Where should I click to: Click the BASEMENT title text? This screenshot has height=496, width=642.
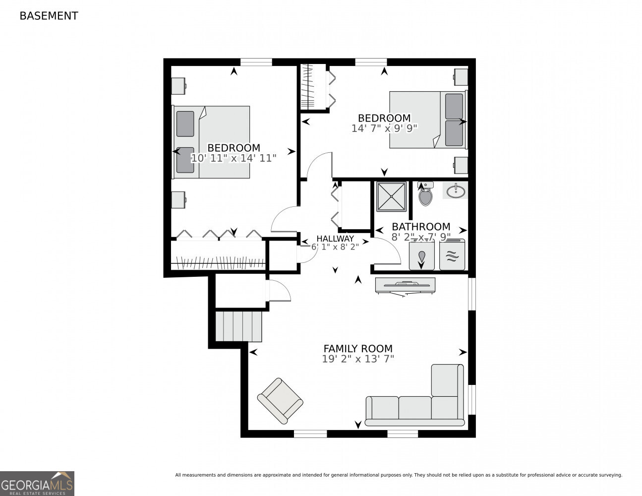(49, 16)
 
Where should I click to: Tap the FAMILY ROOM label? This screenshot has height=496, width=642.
(358, 349)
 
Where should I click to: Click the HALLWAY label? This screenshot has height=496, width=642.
(335, 239)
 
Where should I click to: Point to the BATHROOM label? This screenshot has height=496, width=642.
(421, 227)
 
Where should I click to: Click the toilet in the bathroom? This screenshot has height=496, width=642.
(425, 195)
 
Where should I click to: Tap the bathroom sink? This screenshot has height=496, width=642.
(456, 190)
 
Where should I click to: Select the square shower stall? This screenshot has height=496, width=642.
(391, 196)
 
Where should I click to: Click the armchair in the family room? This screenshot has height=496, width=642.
(280, 401)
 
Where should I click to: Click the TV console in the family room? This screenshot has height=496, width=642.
(405, 285)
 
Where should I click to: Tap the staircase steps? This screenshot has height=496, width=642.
(238, 326)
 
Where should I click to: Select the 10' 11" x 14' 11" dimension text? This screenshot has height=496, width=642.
(233, 158)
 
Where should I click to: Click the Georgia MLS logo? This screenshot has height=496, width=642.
(37, 483)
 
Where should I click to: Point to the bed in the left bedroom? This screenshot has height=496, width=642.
(212, 142)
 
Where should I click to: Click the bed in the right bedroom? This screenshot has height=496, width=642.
(427, 120)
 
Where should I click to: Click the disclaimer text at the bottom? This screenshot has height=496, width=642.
(398, 475)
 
